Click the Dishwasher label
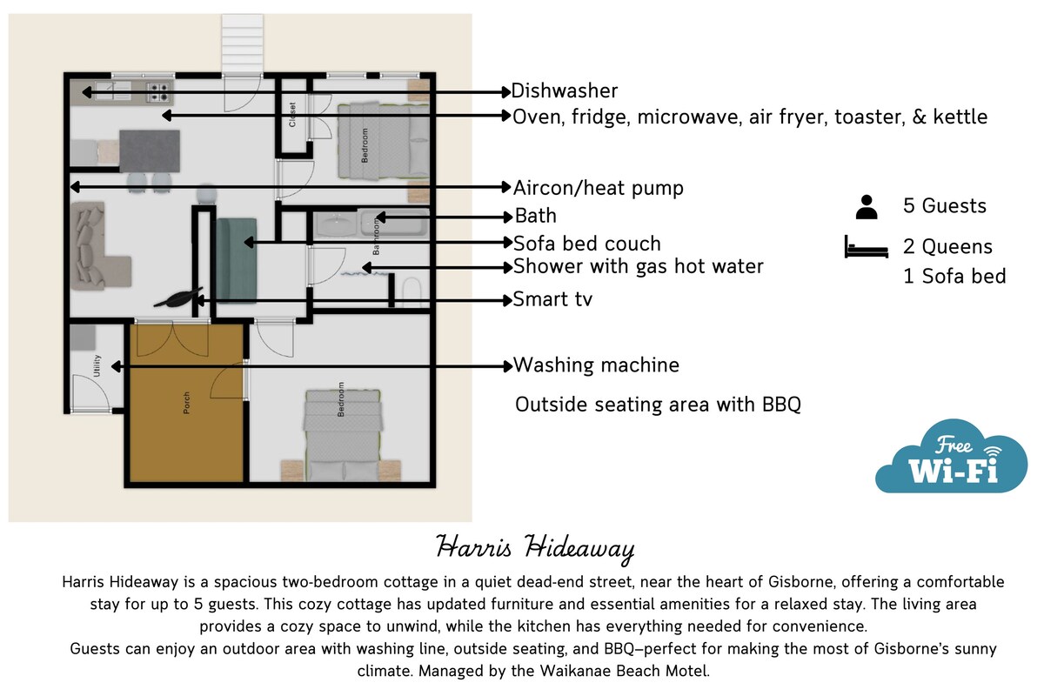pyautogui.click(x=564, y=90)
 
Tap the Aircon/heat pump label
pyautogui.click(x=598, y=188)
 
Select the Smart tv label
pyautogui.click(x=552, y=299)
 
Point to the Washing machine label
pyautogui.click(x=596, y=365)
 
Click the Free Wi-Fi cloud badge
pyautogui.click(x=951, y=457)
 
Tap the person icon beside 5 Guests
pyautogui.click(x=867, y=207)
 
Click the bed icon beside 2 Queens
pyautogui.click(x=866, y=246)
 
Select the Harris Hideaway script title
pyautogui.click(x=535, y=548)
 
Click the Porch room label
pyautogui.click(x=186, y=403)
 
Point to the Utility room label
pyautogui.click(x=97, y=365)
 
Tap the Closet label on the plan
pyautogui.click(x=292, y=115)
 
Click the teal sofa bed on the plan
pyautogui.click(x=237, y=261)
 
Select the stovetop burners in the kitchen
pyautogui.click(x=158, y=92)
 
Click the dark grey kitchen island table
pyautogui.click(x=150, y=151)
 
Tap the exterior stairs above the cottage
pyautogui.click(x=243, y=43)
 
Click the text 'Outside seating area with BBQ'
pyautogui.click(x=658, y=405)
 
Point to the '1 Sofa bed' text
pyautogui.click(x=954, y=277)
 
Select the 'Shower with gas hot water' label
pyautogui.click(x=638, y=266)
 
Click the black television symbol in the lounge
pyautogui.click(x=178, y=298)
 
